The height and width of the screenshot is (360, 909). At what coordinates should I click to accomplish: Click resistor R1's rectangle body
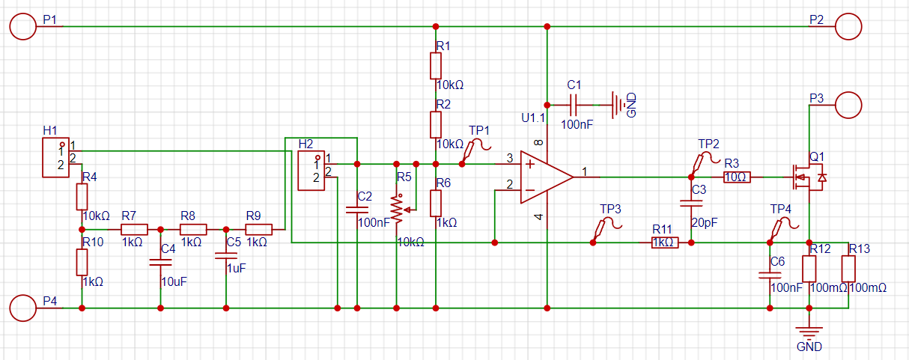point(436,66)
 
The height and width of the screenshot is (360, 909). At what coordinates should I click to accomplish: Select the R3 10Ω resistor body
point(737,177)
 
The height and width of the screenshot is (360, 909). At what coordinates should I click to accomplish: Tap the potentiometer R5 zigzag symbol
point(397,210)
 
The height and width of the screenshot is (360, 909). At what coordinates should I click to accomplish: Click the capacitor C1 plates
point(573,105)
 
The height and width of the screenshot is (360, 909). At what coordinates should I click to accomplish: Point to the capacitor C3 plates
point(691,203)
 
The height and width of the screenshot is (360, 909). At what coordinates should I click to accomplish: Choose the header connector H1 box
point(55,157)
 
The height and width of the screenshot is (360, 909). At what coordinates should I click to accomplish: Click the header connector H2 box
point(311,171)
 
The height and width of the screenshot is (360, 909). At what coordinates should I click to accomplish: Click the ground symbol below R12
point(809,332)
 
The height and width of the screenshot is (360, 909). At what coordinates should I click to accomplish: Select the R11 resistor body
point(665,242)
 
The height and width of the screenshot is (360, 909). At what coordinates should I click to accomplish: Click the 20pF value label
point(705,222)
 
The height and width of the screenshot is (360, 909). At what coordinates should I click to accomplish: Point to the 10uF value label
point(174,281)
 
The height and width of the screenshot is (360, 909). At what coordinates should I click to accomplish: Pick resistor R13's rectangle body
point(848,269)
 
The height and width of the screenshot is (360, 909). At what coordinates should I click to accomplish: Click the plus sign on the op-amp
point(530,164)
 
